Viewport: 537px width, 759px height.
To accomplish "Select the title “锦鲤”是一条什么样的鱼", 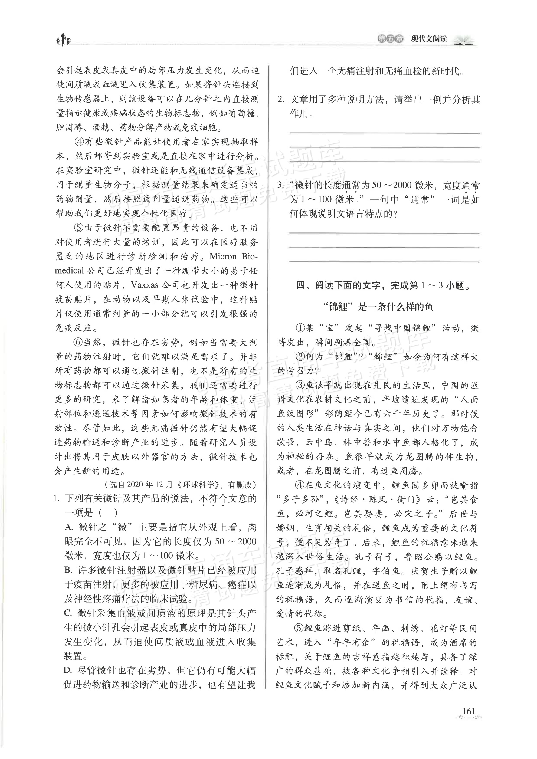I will (x=378, y=307).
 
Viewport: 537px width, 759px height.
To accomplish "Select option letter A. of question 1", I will (x=68, y=527).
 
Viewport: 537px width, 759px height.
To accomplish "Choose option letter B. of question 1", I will (x=68, y=570).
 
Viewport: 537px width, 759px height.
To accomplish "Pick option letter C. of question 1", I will (x=68, y=613).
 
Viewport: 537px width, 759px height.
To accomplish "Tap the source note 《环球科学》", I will (x=201, y=485).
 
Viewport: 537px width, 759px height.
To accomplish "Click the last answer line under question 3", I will (x=384, y=261).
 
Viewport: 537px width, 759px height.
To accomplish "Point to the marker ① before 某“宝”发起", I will (x=300, y=328).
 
